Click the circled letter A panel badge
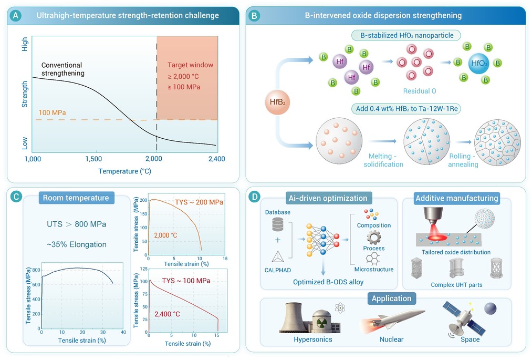coord(16,16)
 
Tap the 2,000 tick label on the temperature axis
coord(154,159)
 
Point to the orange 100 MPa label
coord(52,113)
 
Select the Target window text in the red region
coord(190,65)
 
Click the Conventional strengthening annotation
coord(63,69)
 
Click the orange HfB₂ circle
coord(277,102)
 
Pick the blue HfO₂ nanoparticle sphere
coord(479,63)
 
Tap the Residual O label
coord(420,91)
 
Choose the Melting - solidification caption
coord(383,160)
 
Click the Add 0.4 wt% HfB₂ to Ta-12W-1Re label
coord(406,109)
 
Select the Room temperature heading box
coord(76,198)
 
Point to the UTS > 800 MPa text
coord(76,224)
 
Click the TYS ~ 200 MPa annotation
coord(199,202)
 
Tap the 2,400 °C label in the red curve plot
coord(168,314)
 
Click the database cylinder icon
coord(277,224)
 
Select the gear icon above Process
coord(373,238)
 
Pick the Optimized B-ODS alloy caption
coord(328,282)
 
